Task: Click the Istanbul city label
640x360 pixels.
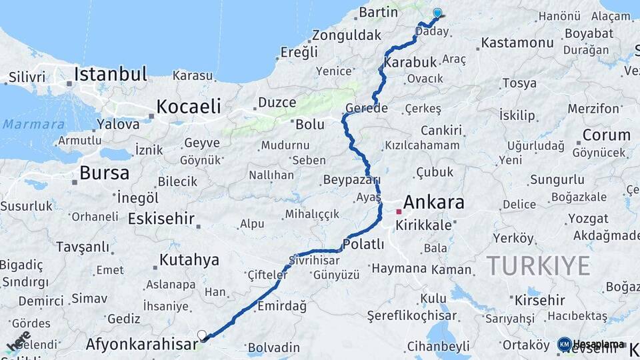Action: pyautogui.click(x=110, y=74)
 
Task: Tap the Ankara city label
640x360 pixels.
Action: pyautogui.click(x=433, y=203)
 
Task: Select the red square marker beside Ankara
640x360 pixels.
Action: pyautogui.click(x=399, y=211)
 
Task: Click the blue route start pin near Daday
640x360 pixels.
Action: pyautogui.click(x=437, y=13)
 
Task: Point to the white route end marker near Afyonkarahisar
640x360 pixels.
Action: pyautogui.click(x=202, y=335)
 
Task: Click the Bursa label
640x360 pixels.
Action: pyautogui.click(x=104, y=173)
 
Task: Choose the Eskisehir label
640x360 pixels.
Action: pyautogui.click(x=161, y=219)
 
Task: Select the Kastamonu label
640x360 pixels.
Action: pyautogui.click(x=517, y=43)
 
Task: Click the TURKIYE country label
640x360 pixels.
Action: pyautogui.click(x=538, y=265)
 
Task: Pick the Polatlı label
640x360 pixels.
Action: pyautogui.click(x=364, y=244)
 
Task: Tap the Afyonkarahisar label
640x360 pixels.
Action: pyautogui.click(x=142, y=345)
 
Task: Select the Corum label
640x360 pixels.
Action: pyautogui.click(x=606, y=135)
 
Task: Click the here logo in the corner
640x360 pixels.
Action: pyautogui.click(x=19, y=341)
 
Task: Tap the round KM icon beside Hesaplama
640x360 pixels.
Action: pyautogui.click(x=564, y=344)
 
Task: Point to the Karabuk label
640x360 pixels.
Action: pyautogui.click(x=414, y=61)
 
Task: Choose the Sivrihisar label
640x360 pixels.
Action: pyautogui.click(x=311, y=260)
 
